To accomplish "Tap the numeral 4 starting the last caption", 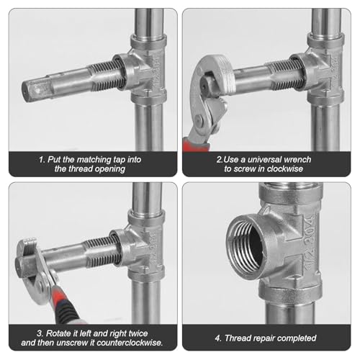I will [218, 336].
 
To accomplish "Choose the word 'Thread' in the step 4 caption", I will [240, 336].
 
